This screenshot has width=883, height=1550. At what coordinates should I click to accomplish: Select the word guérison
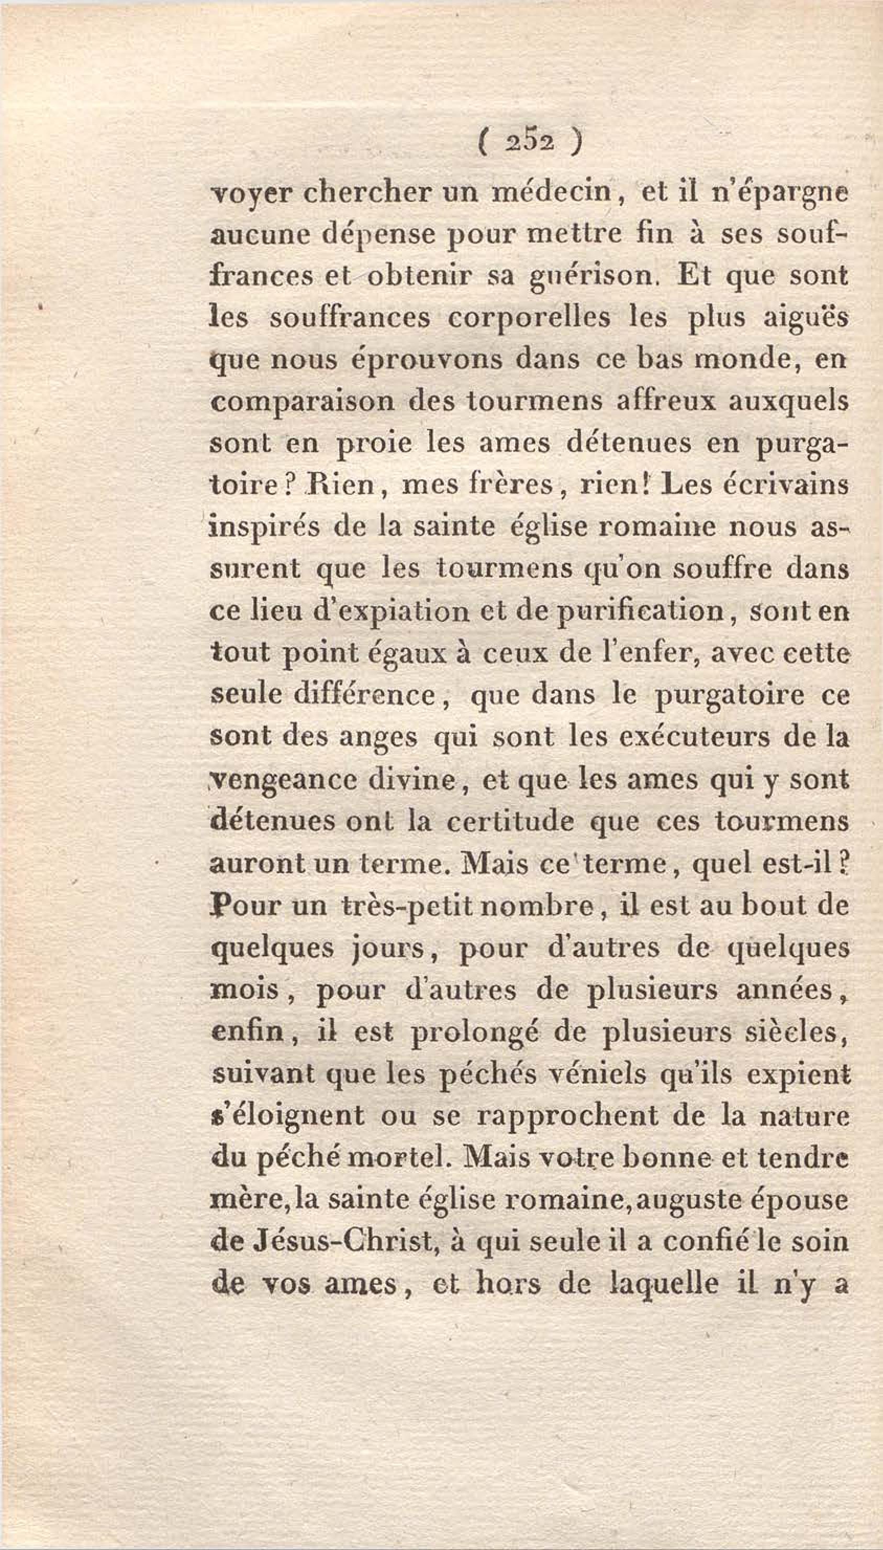pyautogui.click(x=593, y=276)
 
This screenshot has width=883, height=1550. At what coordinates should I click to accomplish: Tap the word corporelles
pyautogui.click(x=529, y=318)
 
